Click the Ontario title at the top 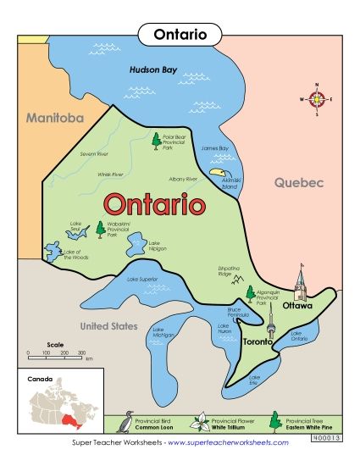point(179,34)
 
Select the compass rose point(317,99)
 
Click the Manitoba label point(54,118)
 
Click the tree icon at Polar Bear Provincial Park point(156,141)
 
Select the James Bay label point(215,148)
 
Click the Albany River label point(183,180)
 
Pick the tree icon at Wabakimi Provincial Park point(100,229)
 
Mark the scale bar point(55,352)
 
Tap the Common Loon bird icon point(127,422)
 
